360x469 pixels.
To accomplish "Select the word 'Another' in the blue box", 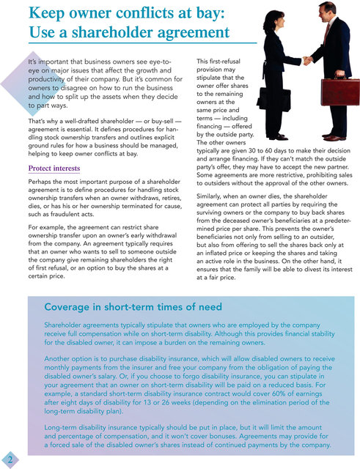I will pyautogui.click(x=59, y=359).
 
